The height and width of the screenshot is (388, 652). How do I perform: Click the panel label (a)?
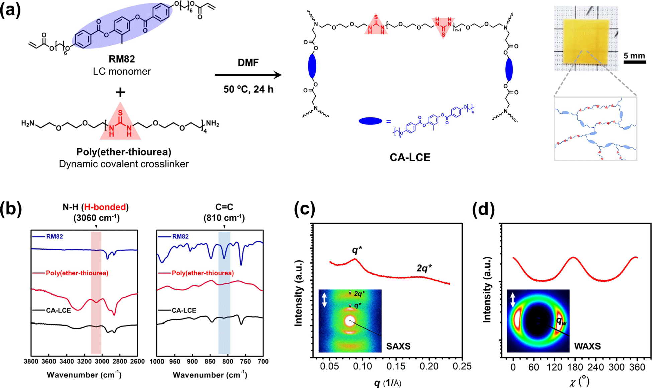10,10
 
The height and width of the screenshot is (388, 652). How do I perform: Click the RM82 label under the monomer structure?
122,59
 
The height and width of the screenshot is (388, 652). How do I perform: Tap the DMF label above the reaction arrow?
248,62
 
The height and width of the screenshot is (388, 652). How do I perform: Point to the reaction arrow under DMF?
248,75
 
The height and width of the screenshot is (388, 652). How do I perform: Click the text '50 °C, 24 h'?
248,89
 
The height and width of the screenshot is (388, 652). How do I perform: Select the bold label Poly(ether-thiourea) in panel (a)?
124,152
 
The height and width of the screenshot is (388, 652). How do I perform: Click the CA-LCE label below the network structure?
410,157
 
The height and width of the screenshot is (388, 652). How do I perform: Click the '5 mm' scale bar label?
634,56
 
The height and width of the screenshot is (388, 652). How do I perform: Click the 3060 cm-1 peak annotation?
96,218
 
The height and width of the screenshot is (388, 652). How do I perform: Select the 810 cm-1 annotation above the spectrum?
224,218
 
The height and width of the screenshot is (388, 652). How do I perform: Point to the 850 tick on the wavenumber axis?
210,361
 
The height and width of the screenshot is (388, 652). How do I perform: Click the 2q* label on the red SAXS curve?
424,268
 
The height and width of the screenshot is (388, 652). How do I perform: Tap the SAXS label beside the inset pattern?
398,346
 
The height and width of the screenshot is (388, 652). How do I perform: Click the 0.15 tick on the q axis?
396,367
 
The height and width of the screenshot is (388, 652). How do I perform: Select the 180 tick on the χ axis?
575,367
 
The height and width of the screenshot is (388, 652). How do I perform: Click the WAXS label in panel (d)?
587,346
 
